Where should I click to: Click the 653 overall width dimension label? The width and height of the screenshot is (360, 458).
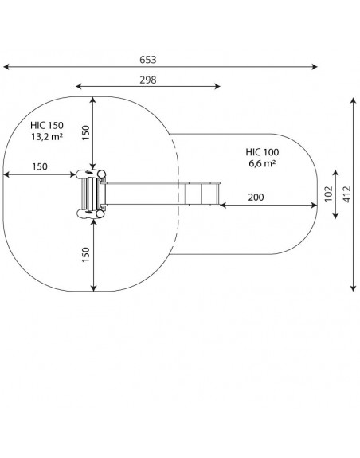point(147,60)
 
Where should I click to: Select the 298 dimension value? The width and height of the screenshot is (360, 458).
point(147,80)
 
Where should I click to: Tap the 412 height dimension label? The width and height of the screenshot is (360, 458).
point(347,194)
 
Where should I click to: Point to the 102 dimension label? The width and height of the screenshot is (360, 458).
point(328,194)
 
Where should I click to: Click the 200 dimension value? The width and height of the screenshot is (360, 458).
point(256,198)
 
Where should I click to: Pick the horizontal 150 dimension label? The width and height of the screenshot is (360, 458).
point(40,166)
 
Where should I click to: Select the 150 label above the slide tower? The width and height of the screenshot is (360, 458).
point(85,132)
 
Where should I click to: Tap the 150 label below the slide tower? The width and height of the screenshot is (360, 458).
point(85,254)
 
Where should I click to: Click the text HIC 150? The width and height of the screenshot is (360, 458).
point(47,125)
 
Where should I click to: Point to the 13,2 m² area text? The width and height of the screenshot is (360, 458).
point(47,136)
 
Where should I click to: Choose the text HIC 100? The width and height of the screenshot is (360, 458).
point(262,152)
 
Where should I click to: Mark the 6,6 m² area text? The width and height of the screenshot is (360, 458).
point(262,163)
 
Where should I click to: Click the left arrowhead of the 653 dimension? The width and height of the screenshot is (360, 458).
point(5,67)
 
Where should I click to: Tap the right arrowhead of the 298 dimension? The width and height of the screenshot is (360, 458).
point(218,86)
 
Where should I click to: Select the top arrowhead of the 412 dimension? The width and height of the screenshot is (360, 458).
point(354,100)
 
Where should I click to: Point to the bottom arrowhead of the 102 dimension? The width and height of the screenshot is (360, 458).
point(335,217)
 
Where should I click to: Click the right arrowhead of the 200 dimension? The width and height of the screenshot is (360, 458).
point(315,206)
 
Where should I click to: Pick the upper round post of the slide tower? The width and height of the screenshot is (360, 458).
point(101,174)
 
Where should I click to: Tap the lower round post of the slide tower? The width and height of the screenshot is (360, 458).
point(100,214)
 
